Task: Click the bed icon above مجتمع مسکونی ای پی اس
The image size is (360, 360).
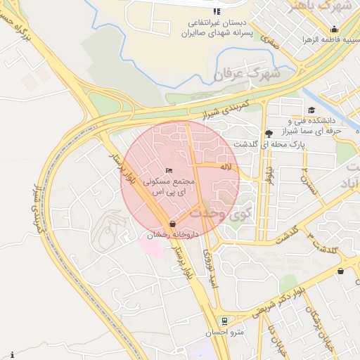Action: click(168, 170)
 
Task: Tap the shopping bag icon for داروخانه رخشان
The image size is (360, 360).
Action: click(173, 224)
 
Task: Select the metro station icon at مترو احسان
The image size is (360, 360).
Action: click(224, 320)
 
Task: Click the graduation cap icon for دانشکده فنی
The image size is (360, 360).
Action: click(312, 110)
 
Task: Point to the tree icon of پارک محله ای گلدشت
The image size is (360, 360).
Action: click(269, 133)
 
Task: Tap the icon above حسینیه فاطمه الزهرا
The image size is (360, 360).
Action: click(334, 30)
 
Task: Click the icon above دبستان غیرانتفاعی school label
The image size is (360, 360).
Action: click(217, 11)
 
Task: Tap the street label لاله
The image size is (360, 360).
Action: click(225, 167)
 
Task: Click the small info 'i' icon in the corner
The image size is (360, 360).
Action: click(12, 354)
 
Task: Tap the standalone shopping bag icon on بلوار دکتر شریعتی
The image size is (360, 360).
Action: click(341, 271)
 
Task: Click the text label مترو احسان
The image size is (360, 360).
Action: click(224, 332)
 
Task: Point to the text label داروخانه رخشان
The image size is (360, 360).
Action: click(173, 235)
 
